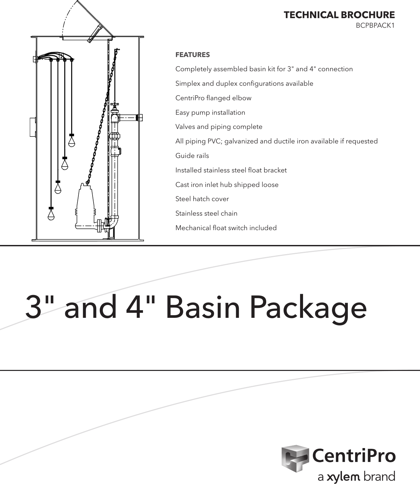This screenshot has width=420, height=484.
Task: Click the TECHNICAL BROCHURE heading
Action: [339, 15]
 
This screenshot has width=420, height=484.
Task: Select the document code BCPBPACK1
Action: [375, 25]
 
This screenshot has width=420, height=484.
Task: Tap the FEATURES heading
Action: [192, 55]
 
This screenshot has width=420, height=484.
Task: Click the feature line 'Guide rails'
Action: [192, 156]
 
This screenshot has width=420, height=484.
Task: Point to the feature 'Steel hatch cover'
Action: [202, 199]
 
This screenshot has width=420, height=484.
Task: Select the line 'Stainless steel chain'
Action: [206, 213]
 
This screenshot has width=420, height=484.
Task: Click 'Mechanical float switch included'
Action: [226, 228]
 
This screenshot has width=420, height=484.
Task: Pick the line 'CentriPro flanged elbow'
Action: [213, 98]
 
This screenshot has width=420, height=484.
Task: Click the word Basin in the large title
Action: [203, 307]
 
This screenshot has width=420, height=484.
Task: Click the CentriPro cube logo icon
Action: [295, 458]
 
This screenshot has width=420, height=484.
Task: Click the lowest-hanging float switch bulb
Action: [51, 215]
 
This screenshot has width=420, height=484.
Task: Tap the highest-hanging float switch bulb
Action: [71, 142]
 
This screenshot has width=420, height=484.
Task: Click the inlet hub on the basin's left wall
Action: [33, 127]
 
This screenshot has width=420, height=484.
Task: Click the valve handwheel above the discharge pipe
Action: [115, 105]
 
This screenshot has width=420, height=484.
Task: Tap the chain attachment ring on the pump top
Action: [87, 182]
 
